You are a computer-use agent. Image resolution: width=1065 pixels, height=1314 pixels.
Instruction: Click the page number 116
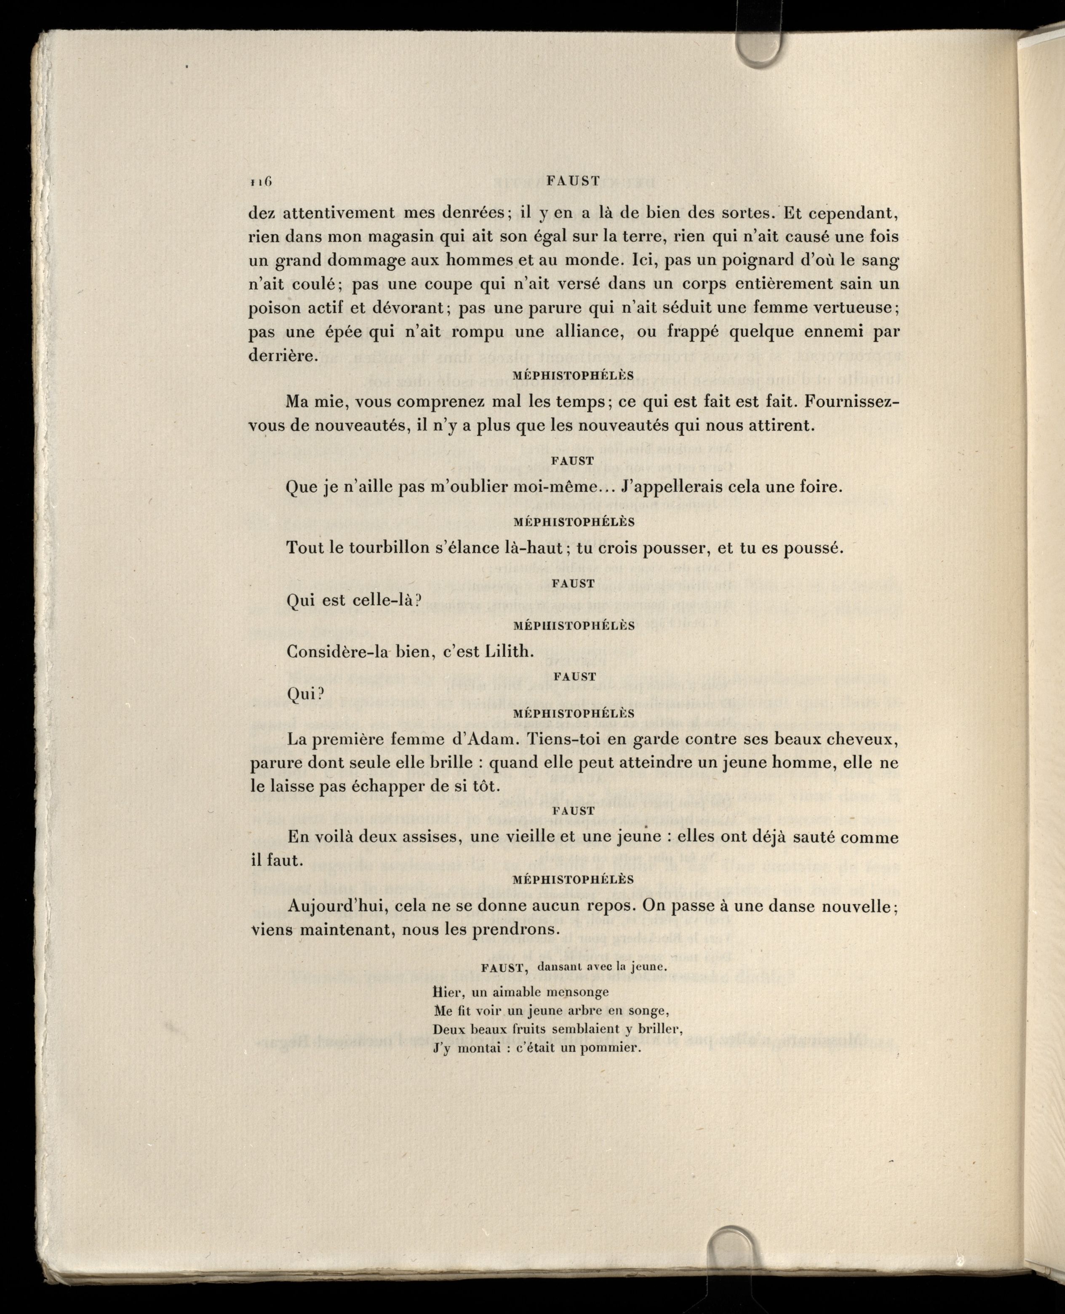[x=261, y=182]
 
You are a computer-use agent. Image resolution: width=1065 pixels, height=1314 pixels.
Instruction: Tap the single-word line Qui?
[x=304, y=694]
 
